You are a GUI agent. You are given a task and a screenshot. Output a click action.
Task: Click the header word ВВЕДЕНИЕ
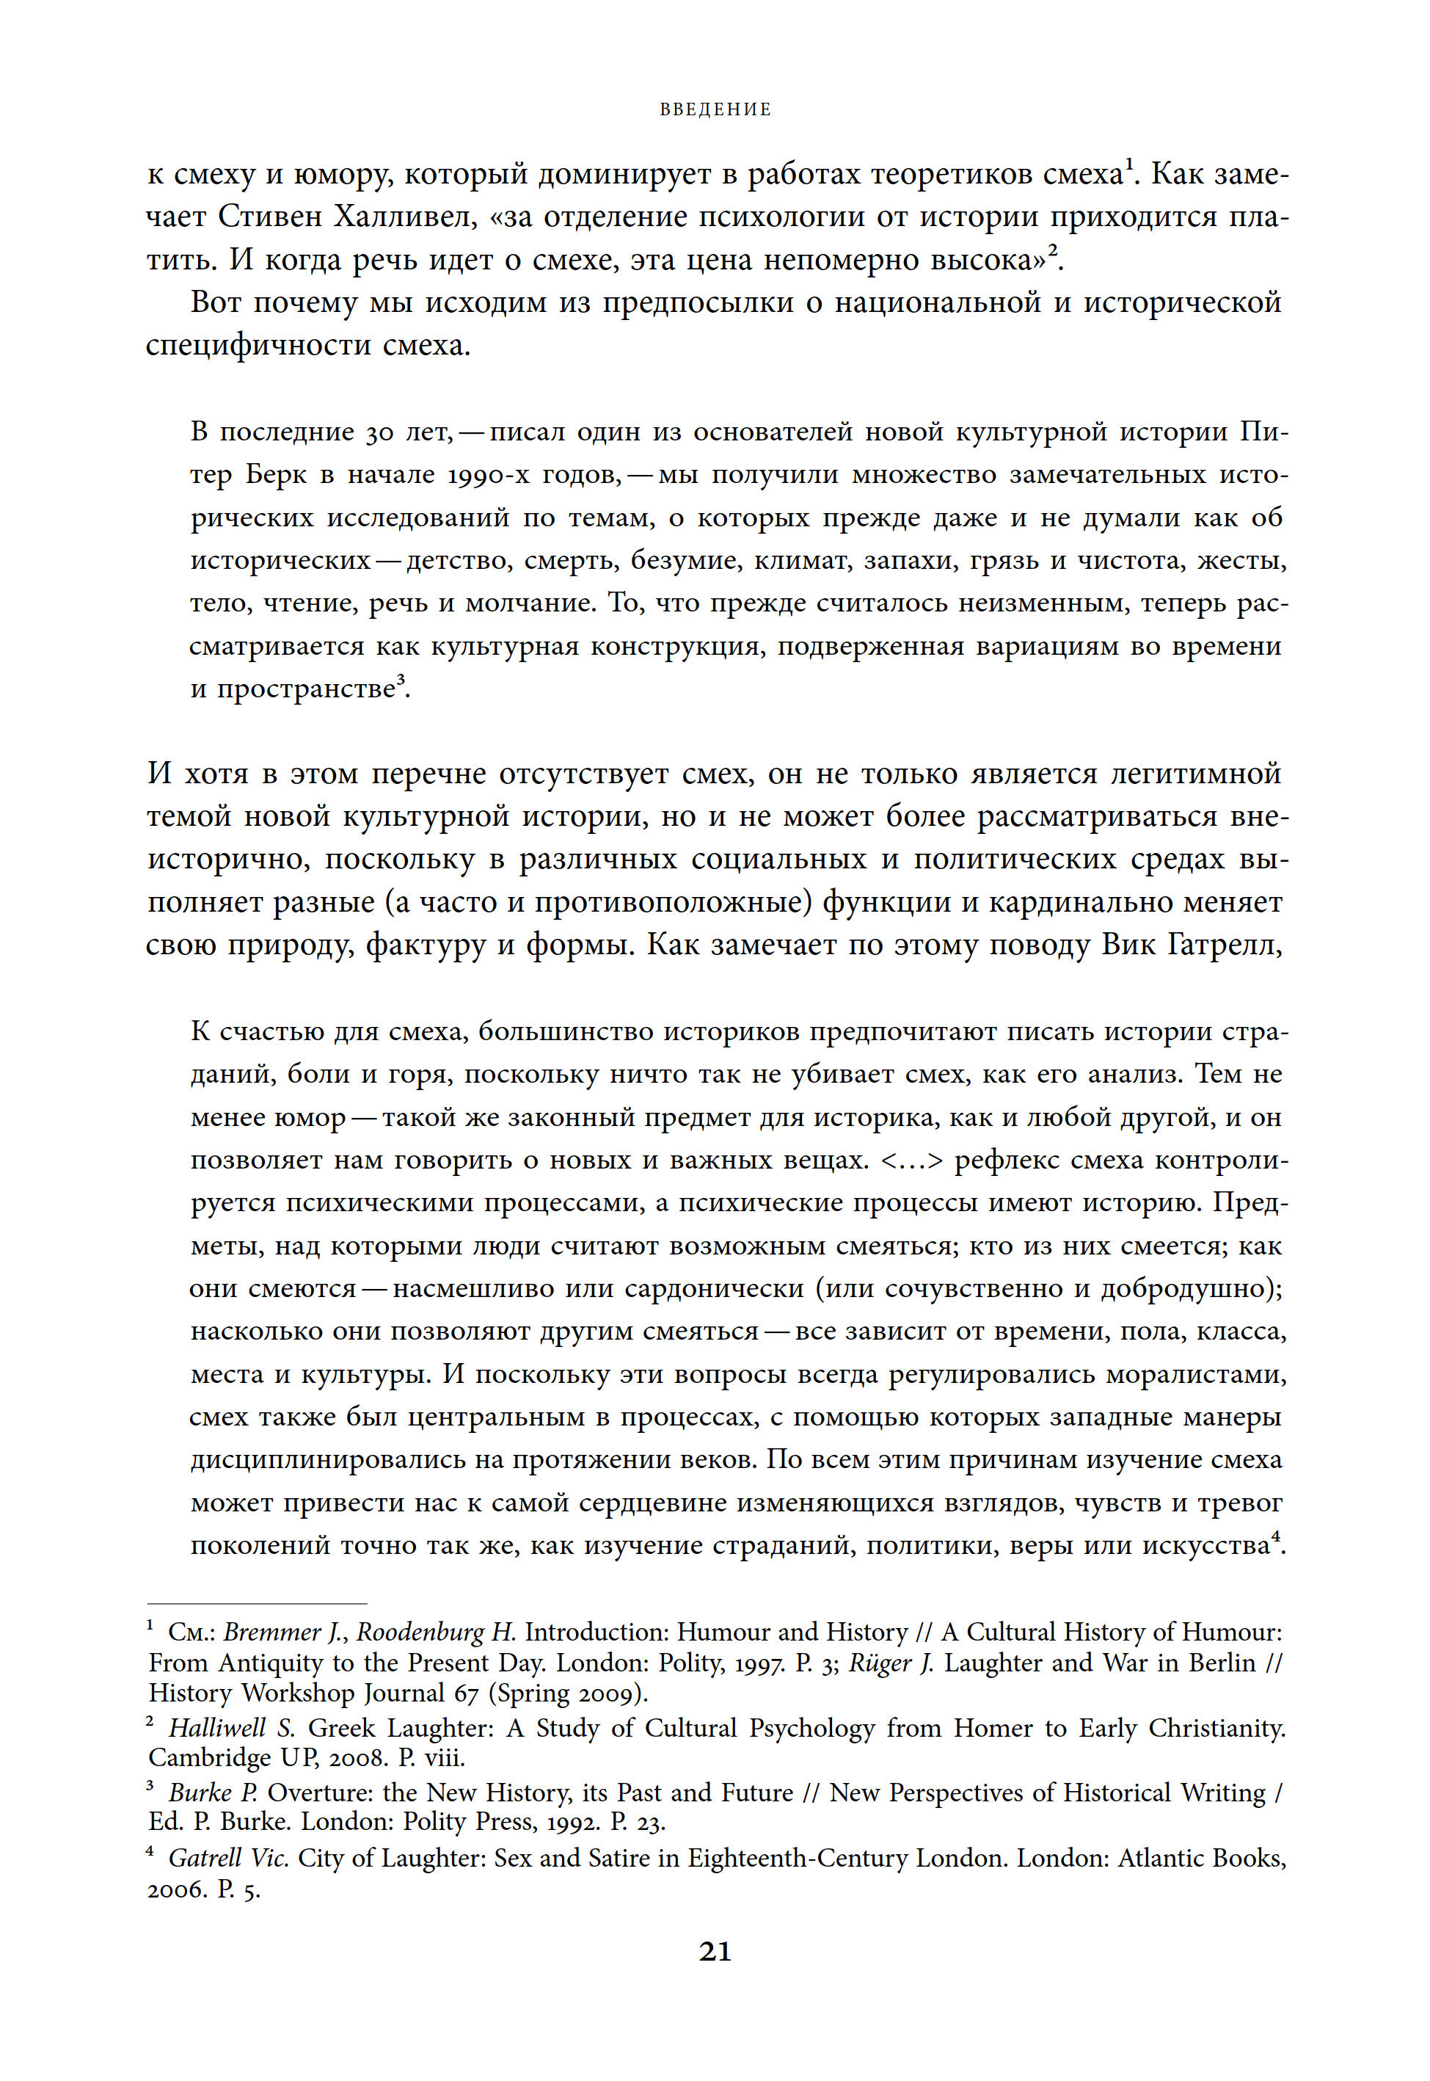(x=715, y=109)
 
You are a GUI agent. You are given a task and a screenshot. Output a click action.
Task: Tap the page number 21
(x=715, y=1951)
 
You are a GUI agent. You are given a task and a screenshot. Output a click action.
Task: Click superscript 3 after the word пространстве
(x=401, y=683)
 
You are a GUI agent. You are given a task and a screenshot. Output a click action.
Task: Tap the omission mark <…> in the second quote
(x=912, y=1161)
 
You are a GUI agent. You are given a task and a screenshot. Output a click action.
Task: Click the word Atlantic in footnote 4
(x=1160, y=1859)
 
